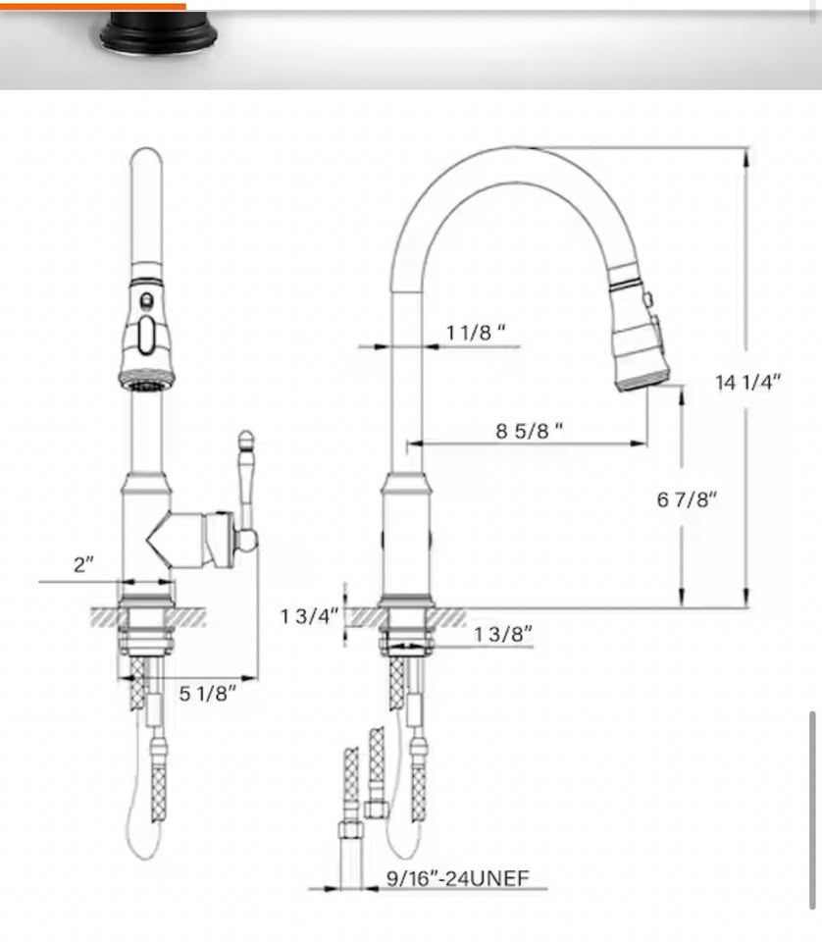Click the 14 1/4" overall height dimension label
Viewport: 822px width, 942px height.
point(747,382)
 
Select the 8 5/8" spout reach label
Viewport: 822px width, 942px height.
point(529,430)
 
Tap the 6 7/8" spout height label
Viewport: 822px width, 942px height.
point(687,499)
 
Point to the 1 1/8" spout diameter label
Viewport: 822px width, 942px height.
point(476,332)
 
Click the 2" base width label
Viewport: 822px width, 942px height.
point(83,565)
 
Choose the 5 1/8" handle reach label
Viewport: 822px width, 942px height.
point(207,694)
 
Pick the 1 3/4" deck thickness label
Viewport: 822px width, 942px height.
point(309,616)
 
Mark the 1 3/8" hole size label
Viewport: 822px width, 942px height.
point(502,634)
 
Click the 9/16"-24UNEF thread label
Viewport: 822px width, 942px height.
point(457,878)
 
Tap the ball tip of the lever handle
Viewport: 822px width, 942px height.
point(245,440)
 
